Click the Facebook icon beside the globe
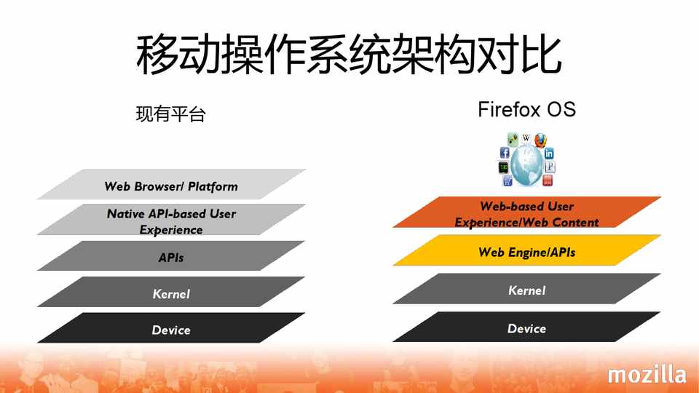tap(504, 153)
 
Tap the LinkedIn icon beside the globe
tap(549, 154)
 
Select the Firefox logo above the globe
tap(540, 140)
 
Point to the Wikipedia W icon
tap(526, 138)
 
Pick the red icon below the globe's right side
tap(548, 180)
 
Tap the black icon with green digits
tap(503, 167)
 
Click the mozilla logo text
tap(647, 374)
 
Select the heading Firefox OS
tap(526, 110)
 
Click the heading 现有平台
tap(170, 114)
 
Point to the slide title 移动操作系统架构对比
tap(349, 55)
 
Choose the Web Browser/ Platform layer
tap(171, 184)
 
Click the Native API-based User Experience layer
tap(171, 219)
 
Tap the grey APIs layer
tap(171, 255)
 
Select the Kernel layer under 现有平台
tap(171, 292)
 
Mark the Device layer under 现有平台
tap(171, 327)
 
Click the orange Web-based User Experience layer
tap(526, 212)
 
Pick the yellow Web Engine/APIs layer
tap(526, 250)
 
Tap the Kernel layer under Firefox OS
tap(526, 289)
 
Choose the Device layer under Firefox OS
tap(526, 327)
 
